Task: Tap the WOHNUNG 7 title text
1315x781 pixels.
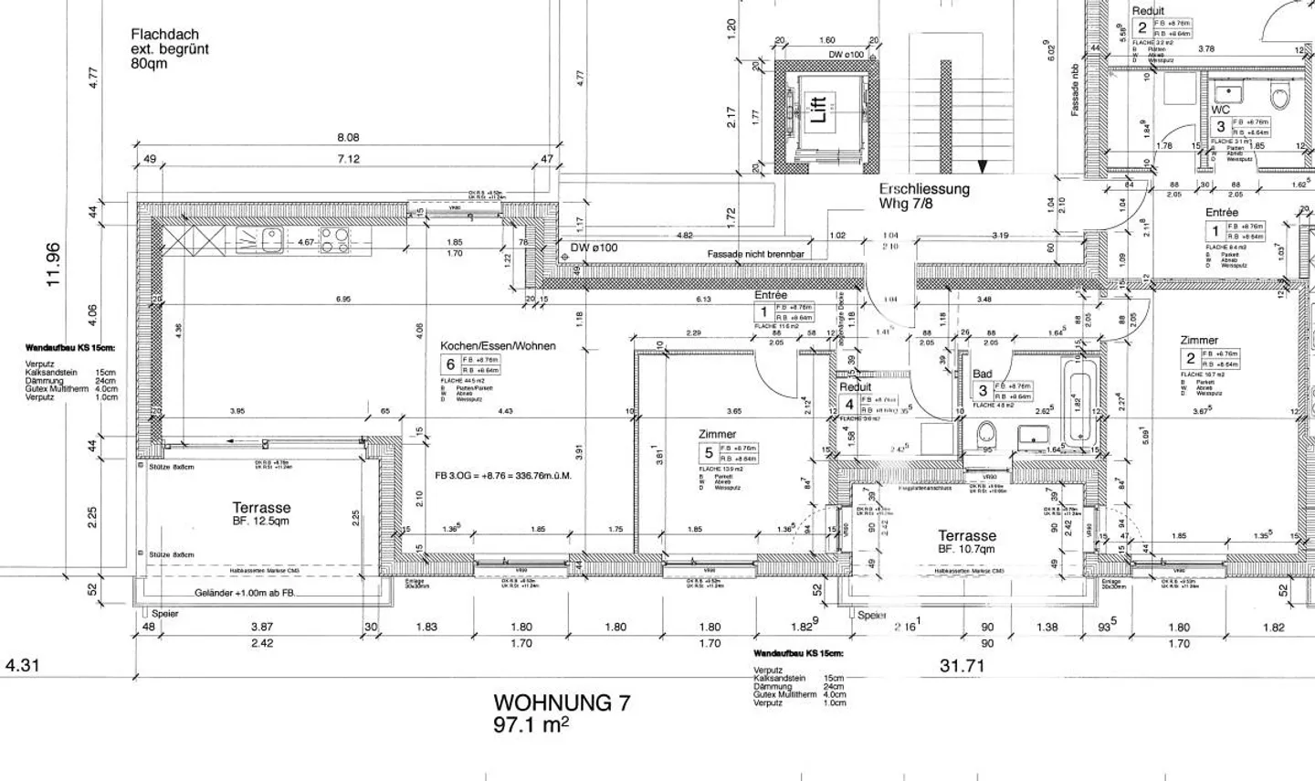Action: click(561, 702)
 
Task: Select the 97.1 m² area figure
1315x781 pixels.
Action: click(531, 724)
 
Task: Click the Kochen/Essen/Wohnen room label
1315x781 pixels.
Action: click(498, 346)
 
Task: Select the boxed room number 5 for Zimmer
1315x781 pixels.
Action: click(708, 452)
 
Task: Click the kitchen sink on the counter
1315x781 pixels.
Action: click(271, 239)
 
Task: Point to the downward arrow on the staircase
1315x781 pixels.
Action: click(982, 166)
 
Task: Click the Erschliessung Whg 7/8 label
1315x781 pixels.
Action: click(924, 195)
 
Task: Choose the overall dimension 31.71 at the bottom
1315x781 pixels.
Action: click(963, 666)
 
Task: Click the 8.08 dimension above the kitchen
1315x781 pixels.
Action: click(348, 138)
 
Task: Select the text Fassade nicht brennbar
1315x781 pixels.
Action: click(754, 254)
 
